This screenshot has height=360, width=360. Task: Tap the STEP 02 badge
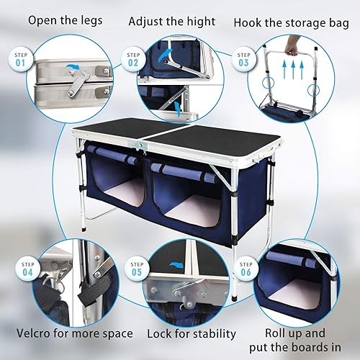[133, 58]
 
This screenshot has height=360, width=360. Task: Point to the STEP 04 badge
[28, 268]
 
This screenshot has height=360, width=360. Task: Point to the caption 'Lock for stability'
[192, 333]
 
